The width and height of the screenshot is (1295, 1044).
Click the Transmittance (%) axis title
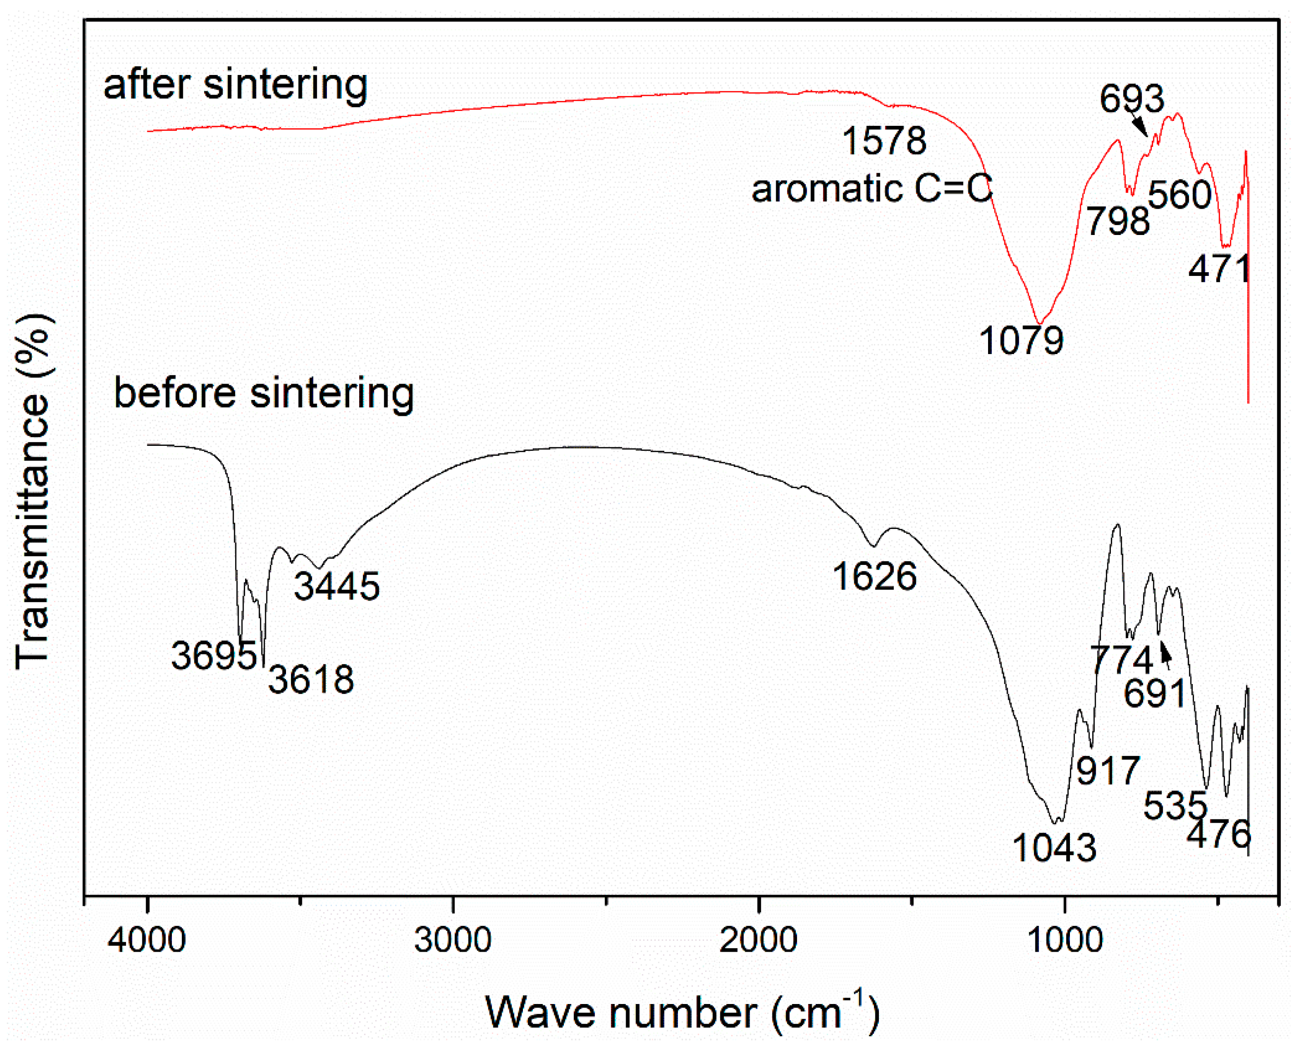point(33,490)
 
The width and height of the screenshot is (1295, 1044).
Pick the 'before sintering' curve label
point(263,393)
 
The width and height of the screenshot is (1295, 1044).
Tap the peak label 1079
point(1021,340)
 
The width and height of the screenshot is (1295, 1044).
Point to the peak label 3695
point(214,655)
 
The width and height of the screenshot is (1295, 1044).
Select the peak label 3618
point(311,679)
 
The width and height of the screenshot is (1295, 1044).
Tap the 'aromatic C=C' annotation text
point(872,188)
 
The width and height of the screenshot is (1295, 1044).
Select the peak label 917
point(1108,770)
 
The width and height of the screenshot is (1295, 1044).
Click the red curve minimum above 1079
point(1039,323)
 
